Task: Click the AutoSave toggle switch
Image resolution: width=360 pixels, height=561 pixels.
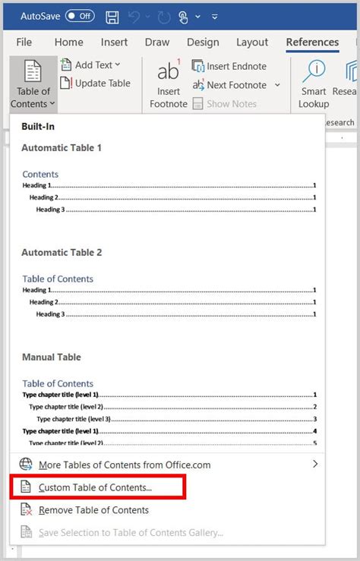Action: click(80, 15)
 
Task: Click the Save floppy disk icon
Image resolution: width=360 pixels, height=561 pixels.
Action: click(112, 16)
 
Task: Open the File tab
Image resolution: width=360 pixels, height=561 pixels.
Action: click(24, 43)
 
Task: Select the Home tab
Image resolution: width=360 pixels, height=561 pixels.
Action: click(68, 43)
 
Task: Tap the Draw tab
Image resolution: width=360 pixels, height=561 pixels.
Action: click(156, 43)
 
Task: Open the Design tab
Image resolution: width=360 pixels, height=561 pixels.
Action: click(203, 43)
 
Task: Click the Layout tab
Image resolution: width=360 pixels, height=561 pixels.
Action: click(252, 43)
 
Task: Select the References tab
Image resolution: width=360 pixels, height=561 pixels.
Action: click(312, 43)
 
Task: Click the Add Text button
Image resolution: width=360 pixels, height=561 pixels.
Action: click(90, 65)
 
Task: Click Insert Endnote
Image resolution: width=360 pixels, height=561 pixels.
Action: click(229, 66)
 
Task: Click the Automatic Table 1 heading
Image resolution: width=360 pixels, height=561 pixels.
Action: click(62, 148)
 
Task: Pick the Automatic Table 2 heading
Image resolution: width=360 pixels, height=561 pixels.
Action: click(62, 252)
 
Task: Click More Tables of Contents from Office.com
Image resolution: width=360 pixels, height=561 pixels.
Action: click(125, 465)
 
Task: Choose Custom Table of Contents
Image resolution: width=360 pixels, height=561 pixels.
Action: click(95, 487)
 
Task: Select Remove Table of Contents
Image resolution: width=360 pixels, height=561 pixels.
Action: click(93, 510)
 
